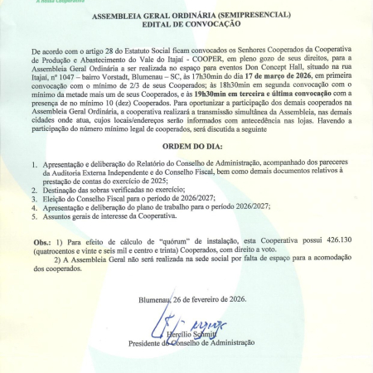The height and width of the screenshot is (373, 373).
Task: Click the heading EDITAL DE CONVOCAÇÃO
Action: (186, 25)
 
